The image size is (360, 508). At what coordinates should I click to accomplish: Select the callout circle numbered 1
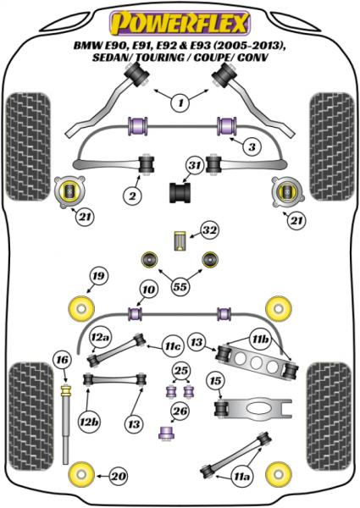coord(180,103)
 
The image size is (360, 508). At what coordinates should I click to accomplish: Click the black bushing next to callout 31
coord(180,193)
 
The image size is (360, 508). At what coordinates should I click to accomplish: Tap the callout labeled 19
coord(98,276)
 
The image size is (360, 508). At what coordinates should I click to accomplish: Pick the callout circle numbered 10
coord(148,290)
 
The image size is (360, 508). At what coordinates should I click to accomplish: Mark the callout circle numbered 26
coord(180,413)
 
